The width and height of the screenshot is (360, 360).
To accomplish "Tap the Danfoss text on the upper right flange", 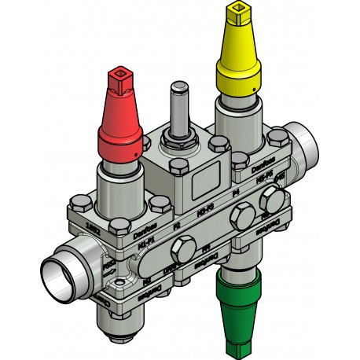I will click(x=262, y=168).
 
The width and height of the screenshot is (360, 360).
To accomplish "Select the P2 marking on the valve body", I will click(x=177, y=226).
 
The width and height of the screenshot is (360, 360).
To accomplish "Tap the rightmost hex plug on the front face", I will click(x=272, y=200).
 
